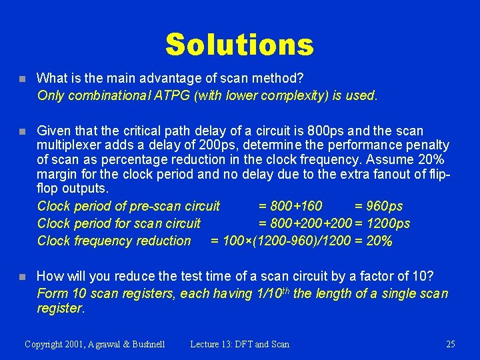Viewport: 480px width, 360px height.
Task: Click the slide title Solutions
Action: pos(239,45)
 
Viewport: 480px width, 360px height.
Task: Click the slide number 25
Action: pos(450,344)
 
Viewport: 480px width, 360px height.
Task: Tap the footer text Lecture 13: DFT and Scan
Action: pos(240,344)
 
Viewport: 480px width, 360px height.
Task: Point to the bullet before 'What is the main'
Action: pos(22,79)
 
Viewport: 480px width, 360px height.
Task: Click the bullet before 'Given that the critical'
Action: pos(22,131)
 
